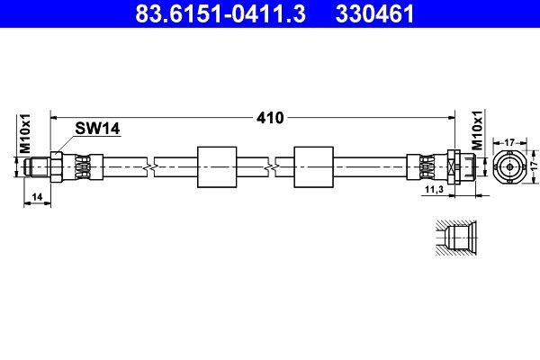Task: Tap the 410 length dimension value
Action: [271, 118]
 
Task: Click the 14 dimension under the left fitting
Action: [36, 195]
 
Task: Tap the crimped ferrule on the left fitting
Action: [80, 166]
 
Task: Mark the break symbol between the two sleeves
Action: [270, 166]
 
